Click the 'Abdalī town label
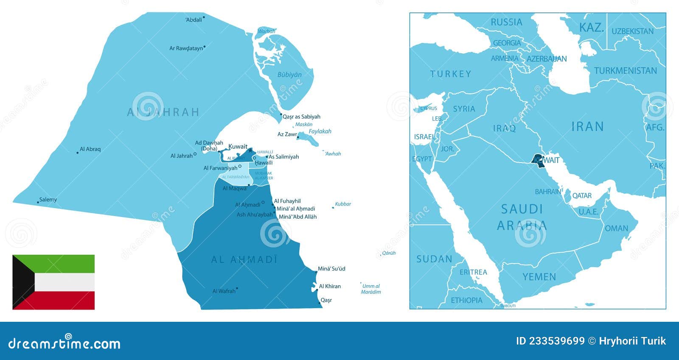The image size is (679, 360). [x=194, y=20]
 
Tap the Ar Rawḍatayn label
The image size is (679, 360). [x=186, y=48]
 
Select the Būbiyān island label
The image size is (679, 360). [x=289, y=75]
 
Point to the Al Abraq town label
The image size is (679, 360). [x=90, y=149]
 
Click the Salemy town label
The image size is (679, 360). [x=48, y=200]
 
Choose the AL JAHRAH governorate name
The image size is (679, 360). [x=163, y=112]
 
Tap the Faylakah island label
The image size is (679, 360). [x=320, y=132]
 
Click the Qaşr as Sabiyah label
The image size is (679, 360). [x=301, y=117]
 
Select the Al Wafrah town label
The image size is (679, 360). [x=224, y=291]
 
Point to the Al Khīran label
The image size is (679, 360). [x=330, y=286]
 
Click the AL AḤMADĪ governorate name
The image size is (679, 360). [x=244, y=259]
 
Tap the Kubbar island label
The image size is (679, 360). [x=343, y=204]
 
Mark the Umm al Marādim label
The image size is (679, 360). [x=371, y=289]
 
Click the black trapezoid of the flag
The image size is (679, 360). [x=21, y=282]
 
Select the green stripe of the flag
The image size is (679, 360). [x=64, y=264]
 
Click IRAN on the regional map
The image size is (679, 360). [x=587, y=127]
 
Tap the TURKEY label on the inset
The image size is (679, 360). [x=450, y=74]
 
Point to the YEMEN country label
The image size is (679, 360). [x=539, y=277]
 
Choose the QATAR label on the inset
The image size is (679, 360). [x=582, y=196]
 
